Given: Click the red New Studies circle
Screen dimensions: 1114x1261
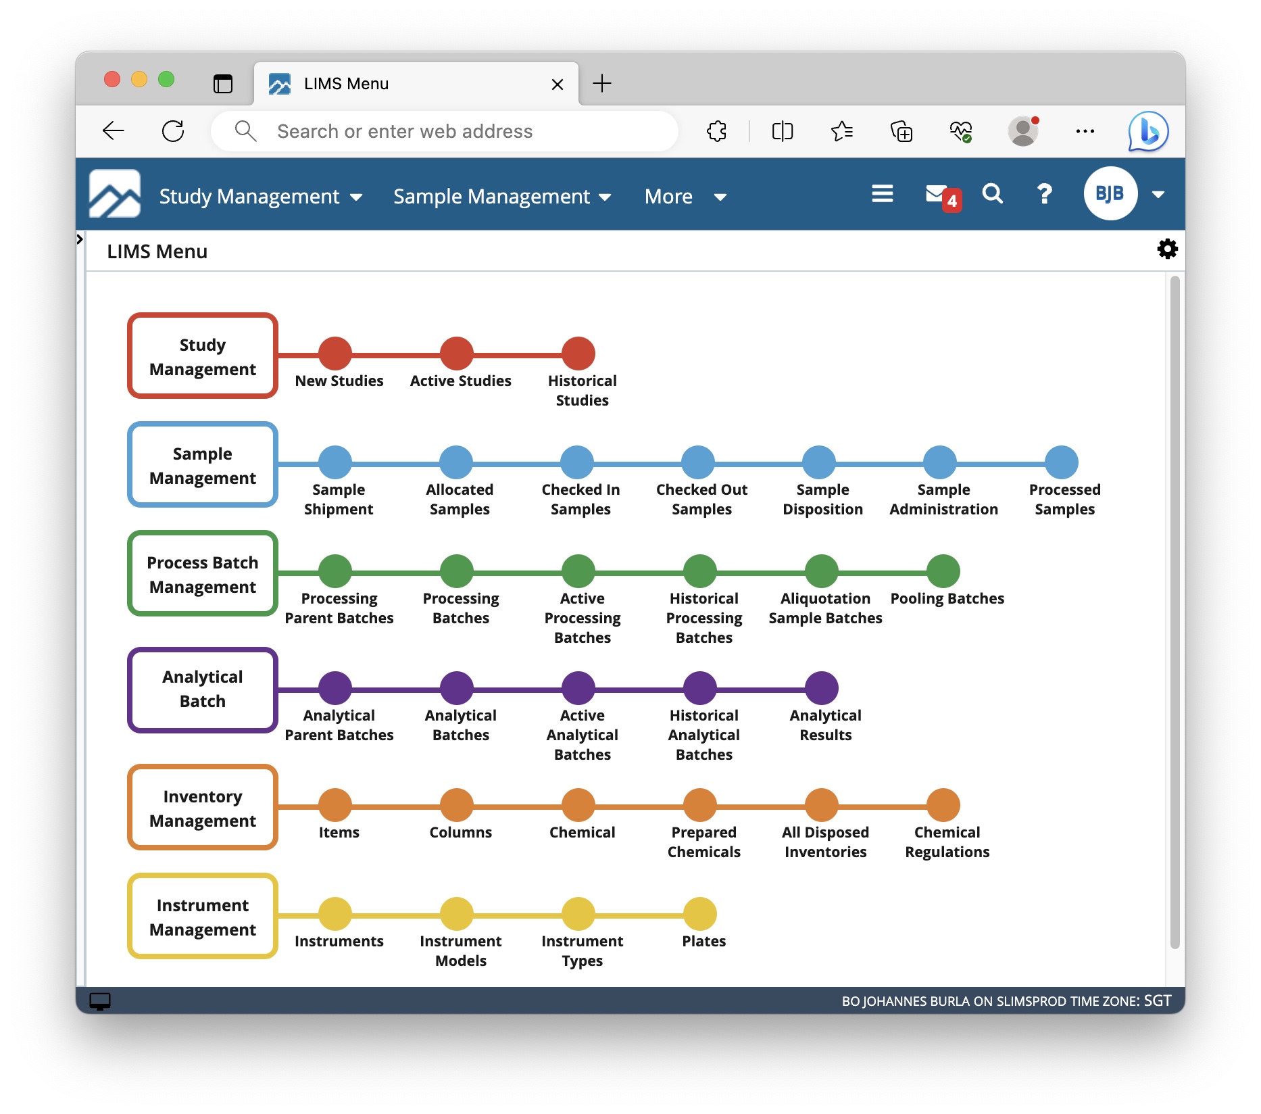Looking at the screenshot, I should pyautogui.click(x=335, y=354).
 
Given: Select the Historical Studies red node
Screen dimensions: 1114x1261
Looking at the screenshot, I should pyautogui.click(x=578, y=354).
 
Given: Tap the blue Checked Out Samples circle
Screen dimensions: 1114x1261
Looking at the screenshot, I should pyautogui.click(x=698, y=462).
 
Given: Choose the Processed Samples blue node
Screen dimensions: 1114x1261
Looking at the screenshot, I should pyautogui.click(x=1062, y=462).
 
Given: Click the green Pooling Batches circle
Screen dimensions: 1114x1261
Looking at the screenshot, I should pyautogui.click(x=943, y=571).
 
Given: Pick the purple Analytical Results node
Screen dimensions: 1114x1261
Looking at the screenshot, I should pyautogui.click(x=822, y=688).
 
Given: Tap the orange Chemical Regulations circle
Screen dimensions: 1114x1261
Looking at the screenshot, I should pyautogui.click(x=943, y=805).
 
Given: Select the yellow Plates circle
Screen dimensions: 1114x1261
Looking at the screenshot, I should pyautogui.click(x=700, y=914).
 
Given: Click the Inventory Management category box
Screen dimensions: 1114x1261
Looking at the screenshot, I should pyautogui.click(x=203, y=808).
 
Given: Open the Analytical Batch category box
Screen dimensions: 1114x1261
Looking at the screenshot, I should pyautogui.click(x=203, y=689).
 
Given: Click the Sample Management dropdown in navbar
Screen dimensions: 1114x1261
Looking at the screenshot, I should pyautogui.click(x=502, y=197).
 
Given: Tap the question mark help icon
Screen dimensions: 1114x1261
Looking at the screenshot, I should pyautogui.click(x=1044, y=195).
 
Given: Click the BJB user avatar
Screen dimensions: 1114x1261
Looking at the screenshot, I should pyautogui.click(x=1110, y=194).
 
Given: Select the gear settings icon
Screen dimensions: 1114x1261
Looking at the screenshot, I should pyautogui.click(x=1167, y=249).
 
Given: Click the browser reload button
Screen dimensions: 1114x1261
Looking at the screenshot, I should pyautogui.click(x=173, y=131).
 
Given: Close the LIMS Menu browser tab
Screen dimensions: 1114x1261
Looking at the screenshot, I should pyautogui.click(x=558, y=84).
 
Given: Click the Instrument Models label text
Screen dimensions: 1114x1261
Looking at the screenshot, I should pyautogui.click(x=461, y=950).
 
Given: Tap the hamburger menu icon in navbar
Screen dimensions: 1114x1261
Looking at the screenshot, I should pyautogui.click(x=882, y=194).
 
